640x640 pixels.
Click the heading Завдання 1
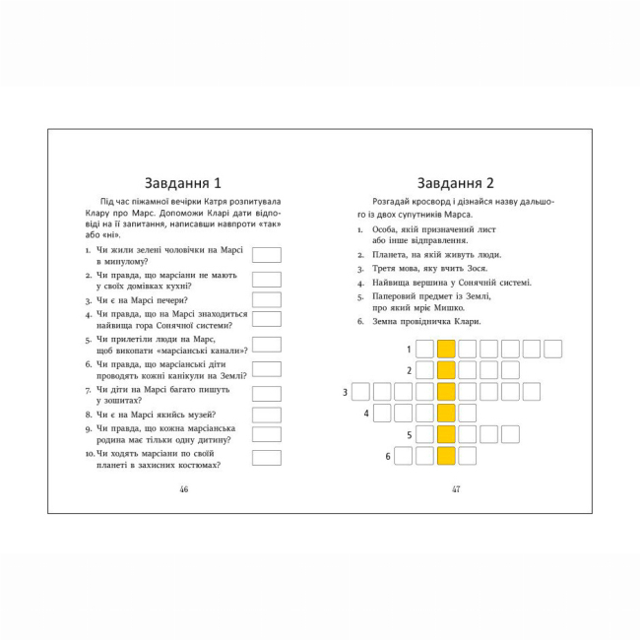182,183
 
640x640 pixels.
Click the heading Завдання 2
455,183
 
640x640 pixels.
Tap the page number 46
182,489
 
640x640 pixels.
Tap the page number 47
456,489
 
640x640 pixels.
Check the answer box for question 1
266,255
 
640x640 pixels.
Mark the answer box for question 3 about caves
266,299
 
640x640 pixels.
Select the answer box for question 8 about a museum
266,415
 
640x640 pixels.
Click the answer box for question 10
266,458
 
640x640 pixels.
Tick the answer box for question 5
266,344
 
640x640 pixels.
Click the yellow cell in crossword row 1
446,349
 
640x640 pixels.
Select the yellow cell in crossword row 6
446,455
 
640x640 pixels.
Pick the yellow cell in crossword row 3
446,392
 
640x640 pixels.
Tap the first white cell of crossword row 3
360,392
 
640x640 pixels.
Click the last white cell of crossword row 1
552,349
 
